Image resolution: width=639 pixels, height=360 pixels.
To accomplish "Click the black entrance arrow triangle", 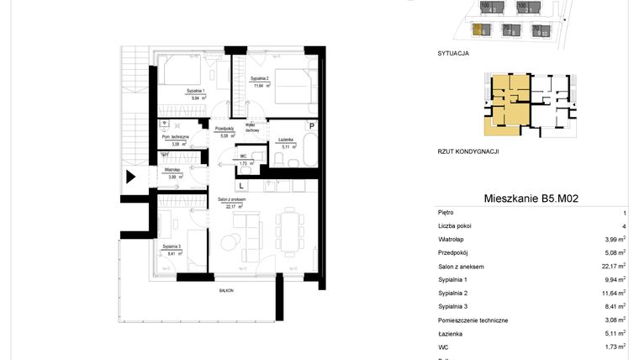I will [130, 177].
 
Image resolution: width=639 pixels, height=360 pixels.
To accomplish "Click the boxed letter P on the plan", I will [311, 126].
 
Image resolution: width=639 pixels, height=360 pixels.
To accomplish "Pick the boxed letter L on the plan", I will [241, 184].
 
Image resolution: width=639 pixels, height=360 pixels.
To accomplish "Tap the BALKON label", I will [224, 289].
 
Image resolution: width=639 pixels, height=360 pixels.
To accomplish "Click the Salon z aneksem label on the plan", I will [231, 200].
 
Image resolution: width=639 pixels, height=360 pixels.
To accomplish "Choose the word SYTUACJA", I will [453, 53].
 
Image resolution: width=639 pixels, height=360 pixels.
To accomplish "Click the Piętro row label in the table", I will [448, 214].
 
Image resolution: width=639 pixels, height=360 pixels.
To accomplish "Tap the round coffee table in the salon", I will [228, 242].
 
